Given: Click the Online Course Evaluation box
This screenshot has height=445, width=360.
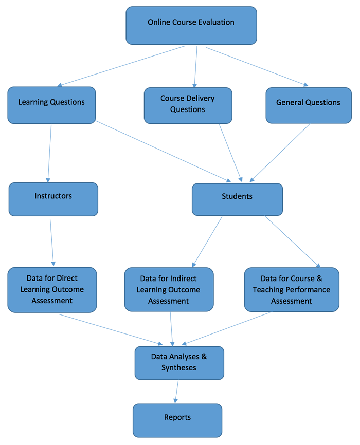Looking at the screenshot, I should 191,25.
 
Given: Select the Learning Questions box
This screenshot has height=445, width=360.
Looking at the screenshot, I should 51,105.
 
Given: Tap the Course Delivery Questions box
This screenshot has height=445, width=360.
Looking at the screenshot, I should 188,105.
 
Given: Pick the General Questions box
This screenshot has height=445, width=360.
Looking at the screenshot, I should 308,105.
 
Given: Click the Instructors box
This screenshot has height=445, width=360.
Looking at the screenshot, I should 53,199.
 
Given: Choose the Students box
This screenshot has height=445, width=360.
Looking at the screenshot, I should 237,199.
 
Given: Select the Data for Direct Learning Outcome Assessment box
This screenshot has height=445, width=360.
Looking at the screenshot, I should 52,289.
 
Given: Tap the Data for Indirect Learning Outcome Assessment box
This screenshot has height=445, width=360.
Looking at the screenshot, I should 168,289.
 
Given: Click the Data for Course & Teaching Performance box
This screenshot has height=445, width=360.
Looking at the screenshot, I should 291,289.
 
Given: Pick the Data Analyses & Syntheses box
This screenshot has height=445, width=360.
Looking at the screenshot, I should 179,362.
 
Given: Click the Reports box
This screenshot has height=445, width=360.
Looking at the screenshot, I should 177,420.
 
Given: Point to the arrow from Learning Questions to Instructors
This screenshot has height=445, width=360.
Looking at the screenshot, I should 50,153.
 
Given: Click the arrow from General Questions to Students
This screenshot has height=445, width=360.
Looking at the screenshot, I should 280,153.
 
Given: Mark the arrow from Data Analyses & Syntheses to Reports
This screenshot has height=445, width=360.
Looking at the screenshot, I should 177,391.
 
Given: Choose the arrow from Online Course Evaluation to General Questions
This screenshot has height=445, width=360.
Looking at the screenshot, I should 257,67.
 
